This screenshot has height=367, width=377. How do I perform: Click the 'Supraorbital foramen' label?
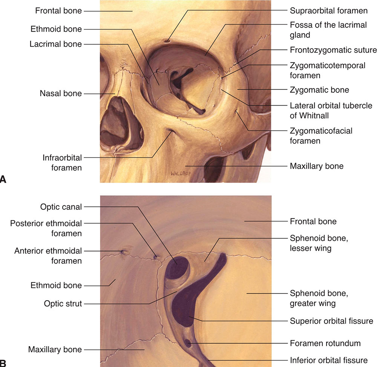click(x=328, y=11)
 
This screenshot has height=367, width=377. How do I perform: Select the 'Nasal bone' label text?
click(x=61, y=93)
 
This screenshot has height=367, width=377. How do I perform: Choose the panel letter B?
click(x=3, y=363)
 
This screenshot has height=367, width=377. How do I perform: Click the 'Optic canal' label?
click(x=61, y=207)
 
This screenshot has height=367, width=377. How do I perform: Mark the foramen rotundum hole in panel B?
click(x=188, y=344)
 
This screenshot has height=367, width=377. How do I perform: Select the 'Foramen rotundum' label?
click(x=325, y=343)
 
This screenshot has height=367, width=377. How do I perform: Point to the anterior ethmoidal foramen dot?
click(x=122, y=252)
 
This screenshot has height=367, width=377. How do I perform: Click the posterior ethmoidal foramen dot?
click(x=155, y=258)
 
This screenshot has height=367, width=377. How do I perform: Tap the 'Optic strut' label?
click(x=61, y=303)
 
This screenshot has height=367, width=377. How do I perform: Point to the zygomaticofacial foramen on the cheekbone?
click(x=236, y=111)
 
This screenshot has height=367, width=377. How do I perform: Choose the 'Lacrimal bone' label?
click(x=56, y=44)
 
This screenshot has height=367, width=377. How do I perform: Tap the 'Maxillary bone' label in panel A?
click(x=316, y=166)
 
